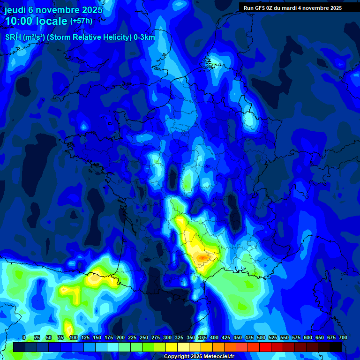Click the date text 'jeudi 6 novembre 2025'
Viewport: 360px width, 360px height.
pos(53,10)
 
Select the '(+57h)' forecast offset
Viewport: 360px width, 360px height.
pos(81,21)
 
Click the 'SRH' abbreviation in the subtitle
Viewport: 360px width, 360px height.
pos(13,37)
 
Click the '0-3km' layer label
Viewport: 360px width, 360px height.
pos(144,37)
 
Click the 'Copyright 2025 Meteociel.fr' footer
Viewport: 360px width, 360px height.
pos(198,357)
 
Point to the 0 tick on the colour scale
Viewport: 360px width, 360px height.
pos(24,338)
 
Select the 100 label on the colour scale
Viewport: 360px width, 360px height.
pos(73,338)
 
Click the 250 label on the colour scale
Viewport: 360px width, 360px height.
pos(144,338)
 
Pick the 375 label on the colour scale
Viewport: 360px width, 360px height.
pos(203,338)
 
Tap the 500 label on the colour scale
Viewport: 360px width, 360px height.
pos(262,338)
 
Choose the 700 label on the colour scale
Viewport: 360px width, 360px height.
pos(343,338)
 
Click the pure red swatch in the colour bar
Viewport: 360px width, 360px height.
pos(265,347)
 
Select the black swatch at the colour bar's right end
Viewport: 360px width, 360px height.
pos(336,347)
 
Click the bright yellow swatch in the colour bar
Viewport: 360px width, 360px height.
pos(172,347)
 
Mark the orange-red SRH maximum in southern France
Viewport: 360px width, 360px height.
pos(202,257)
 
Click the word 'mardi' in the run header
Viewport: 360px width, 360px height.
pos(289,8)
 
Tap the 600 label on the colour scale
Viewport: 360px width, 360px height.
pos(308,338)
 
